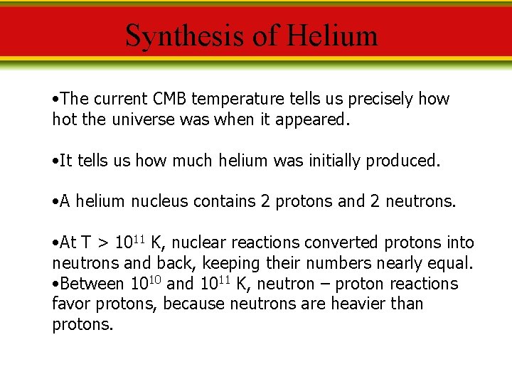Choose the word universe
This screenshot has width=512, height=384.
144,119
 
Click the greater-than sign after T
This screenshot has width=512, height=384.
102,243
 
